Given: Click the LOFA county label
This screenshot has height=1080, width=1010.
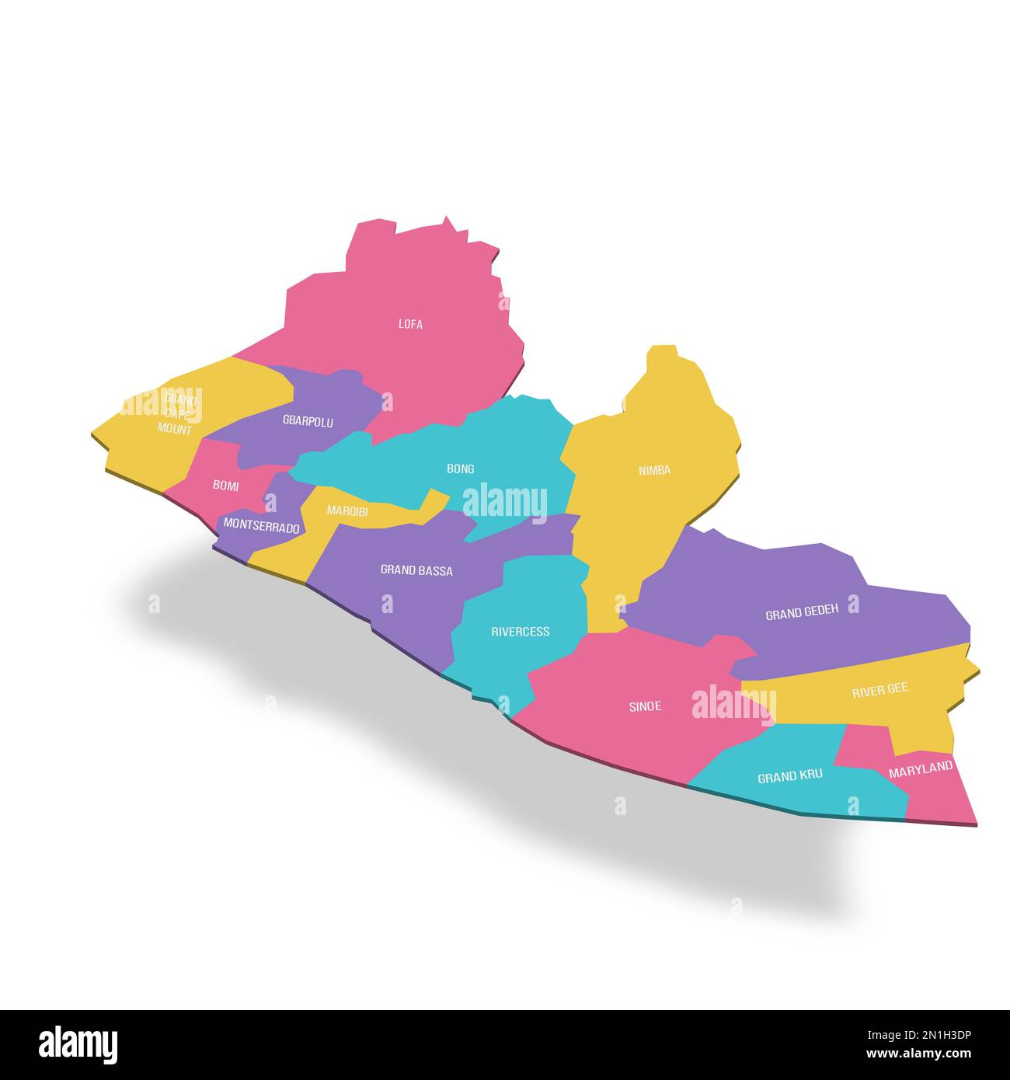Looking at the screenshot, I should coord(410,324).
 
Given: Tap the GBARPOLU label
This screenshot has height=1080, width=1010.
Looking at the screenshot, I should coord(308,421).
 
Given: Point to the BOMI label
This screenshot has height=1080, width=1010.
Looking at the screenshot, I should coord(225,486).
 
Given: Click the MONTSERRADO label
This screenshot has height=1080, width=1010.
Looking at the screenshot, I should coord(261,527).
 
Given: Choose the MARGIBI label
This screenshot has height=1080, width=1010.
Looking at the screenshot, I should coord(347,510).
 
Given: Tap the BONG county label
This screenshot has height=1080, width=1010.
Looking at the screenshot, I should coord(460,469).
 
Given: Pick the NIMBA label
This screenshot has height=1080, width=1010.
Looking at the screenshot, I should coord(654,470).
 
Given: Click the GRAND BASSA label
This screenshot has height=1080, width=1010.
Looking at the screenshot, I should coord(416,570).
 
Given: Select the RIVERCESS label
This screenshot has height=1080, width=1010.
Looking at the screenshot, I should coord(520,632).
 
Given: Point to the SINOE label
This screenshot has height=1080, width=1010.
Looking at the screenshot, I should coord(645,706).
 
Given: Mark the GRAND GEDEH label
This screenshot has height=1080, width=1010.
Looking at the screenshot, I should coord(802,614).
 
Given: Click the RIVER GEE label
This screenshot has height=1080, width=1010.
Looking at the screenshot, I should coord(879,690).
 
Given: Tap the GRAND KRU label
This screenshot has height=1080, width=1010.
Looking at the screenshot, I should coord(789,776).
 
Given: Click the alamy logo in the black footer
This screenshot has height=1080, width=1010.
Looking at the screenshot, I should coord(78,1044).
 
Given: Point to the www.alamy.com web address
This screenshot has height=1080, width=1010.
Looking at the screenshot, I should coord(918,1054).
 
